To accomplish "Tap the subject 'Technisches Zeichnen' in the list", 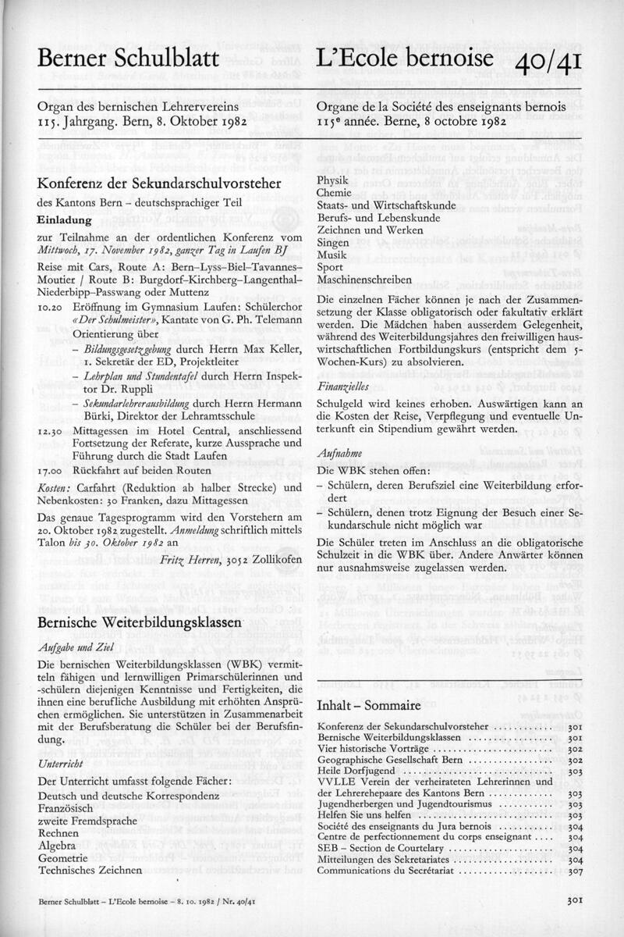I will click(x=90, y=870).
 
